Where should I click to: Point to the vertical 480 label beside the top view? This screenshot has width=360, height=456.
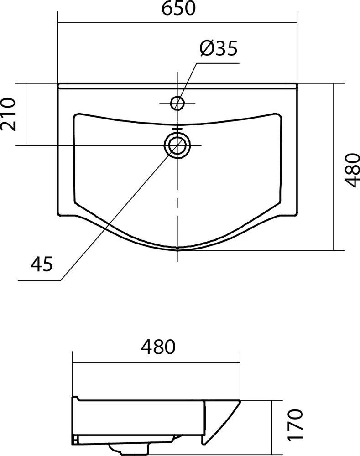tap(351, 170)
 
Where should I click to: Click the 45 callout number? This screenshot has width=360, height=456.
tap(42, 263)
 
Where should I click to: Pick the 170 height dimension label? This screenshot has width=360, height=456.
tap(296, 425)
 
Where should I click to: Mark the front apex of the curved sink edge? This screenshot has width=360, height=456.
tap(177, 250)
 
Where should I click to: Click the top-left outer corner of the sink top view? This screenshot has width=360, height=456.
tap(58, 84)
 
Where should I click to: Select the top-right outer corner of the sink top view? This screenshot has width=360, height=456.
tap(296, 84)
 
